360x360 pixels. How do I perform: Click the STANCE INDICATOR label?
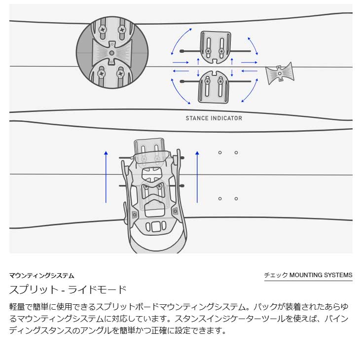point(214,118)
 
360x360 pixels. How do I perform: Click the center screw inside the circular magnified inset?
point(112,52)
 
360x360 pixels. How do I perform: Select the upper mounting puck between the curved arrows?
point(216,47)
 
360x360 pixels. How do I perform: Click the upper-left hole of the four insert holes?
point(220,153)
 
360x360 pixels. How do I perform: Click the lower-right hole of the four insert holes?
point(236,199)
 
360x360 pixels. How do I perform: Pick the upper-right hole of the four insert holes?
point(236,153)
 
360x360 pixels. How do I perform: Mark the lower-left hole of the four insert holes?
point(220,199)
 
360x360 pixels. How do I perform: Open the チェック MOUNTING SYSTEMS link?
point(308,275)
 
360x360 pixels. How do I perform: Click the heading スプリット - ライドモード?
point(68,289)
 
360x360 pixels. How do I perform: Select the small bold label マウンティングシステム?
point(42,276)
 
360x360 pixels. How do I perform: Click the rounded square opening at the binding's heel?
point(156,227)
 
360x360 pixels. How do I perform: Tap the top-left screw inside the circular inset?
point(103,30)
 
